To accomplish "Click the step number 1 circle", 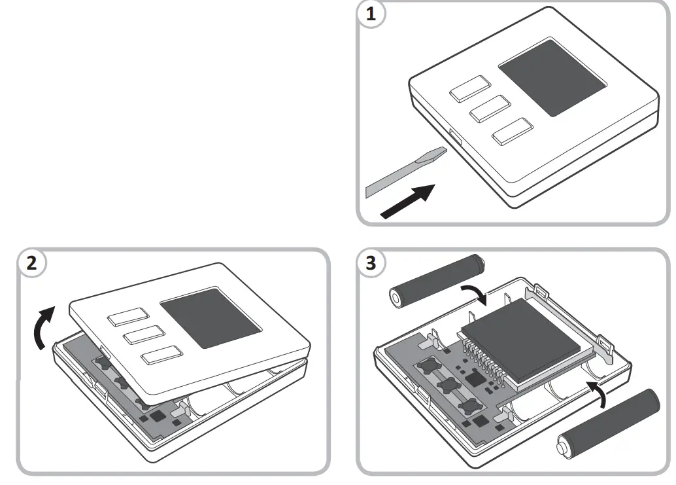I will pyautogui.click(x=371, y=16).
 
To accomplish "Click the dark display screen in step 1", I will pyautogui.click(x=551, y=77).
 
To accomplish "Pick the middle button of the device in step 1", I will pyautogui.click(x=490, y=109).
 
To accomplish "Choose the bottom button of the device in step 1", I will pyautogui.click(x=511, y=131).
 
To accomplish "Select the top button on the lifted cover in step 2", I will pyautogui.click(x=127, y=317).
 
